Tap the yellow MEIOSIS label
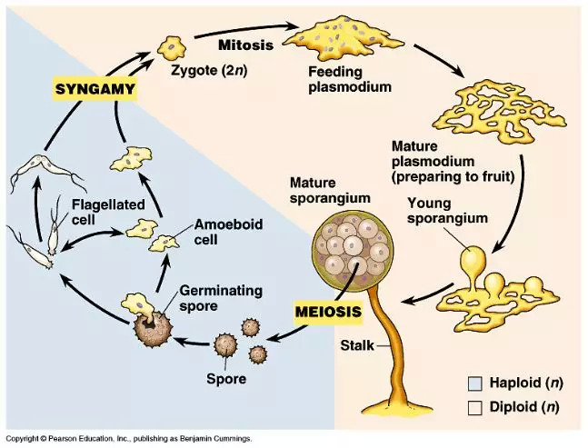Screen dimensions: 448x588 (328, 312)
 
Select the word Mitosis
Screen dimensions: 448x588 (247, 43)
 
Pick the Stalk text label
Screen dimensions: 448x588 (358, 345)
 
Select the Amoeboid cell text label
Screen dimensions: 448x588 (218, 232)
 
